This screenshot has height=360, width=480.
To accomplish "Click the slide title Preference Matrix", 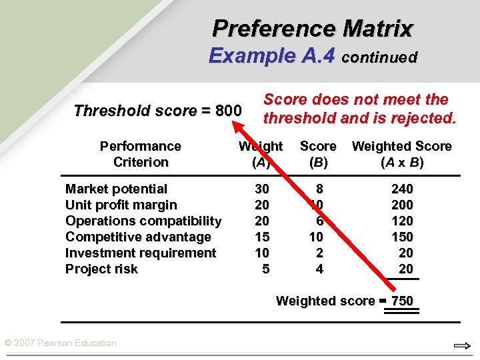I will click(313, 29).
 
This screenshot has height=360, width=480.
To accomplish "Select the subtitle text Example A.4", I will click(271, 55).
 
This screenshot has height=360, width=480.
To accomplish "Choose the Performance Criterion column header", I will click(140, 154).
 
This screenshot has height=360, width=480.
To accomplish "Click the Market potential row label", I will click(116, 189).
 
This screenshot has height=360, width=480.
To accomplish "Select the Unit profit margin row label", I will click(121, 205).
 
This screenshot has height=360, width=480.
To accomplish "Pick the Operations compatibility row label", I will click(143, 221).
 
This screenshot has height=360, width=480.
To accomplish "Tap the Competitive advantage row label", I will click(137, 237).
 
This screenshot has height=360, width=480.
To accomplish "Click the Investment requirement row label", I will click(140, 253).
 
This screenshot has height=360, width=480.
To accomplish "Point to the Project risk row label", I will click(101, 269).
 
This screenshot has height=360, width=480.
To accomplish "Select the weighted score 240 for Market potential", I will click(402, 189).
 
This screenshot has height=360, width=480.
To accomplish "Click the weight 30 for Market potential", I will click(262, 189).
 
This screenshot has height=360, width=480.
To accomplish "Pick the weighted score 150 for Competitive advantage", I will click(402, 237).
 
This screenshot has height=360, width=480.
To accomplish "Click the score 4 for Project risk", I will click(319, 269).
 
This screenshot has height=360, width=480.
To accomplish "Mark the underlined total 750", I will click(402, 301).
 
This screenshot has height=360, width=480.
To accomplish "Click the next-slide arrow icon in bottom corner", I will click(462, 345).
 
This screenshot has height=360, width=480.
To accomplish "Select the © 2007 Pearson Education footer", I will click(60, 343).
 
